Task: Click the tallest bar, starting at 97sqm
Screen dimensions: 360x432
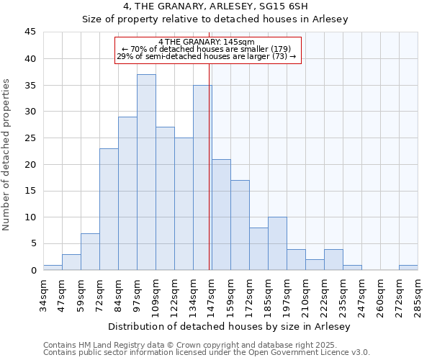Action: point(146,172)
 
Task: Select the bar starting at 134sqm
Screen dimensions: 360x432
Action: point(202,177)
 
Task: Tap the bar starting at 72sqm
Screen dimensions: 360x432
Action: point(109,209)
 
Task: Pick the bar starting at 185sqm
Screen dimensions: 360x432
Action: point(277,243)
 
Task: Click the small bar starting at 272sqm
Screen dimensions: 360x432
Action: point(408,268)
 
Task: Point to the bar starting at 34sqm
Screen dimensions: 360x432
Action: point(53,268)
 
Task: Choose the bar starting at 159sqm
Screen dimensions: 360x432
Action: point(240,225)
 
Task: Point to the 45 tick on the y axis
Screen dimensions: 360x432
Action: point(30,32)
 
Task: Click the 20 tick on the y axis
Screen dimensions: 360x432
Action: point(30,164)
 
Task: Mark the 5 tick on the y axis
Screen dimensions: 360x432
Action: point(33,243)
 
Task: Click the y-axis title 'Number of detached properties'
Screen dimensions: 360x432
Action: point(8,155)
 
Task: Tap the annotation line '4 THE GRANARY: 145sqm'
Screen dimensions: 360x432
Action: point(207,42)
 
